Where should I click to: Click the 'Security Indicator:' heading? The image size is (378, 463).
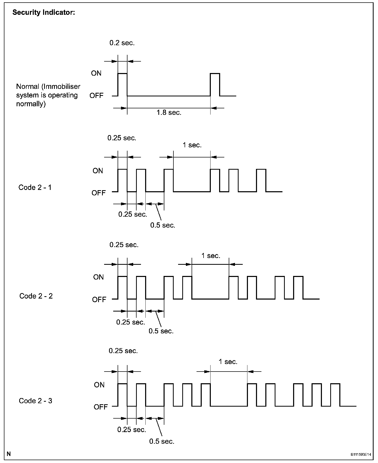click(44, 12)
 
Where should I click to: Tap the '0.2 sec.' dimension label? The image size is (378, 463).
click(122, 43)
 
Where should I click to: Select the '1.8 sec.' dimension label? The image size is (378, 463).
click(169, 113)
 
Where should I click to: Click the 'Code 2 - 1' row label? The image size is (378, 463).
click(35, 187)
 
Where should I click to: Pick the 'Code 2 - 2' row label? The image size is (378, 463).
click(36, 296)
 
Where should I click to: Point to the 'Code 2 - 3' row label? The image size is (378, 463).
click(36, 401)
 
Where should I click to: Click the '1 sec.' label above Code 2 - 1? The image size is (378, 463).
click(192, 145)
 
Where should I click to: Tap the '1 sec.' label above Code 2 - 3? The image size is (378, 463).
click(228, 362)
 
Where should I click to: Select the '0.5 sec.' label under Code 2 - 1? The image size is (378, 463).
click(163, 225)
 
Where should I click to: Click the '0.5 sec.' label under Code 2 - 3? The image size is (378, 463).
click(162, 441)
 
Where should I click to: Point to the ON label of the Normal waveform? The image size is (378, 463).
click(96, 73)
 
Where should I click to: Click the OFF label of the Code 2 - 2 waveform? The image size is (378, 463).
click(99, 300)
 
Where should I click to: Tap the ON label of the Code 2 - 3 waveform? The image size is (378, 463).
click(99, 385)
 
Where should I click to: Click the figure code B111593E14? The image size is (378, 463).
click(361, 455)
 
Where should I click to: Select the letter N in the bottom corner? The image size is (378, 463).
click(9, 454)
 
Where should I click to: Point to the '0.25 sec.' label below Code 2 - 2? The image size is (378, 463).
click(131, 322)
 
